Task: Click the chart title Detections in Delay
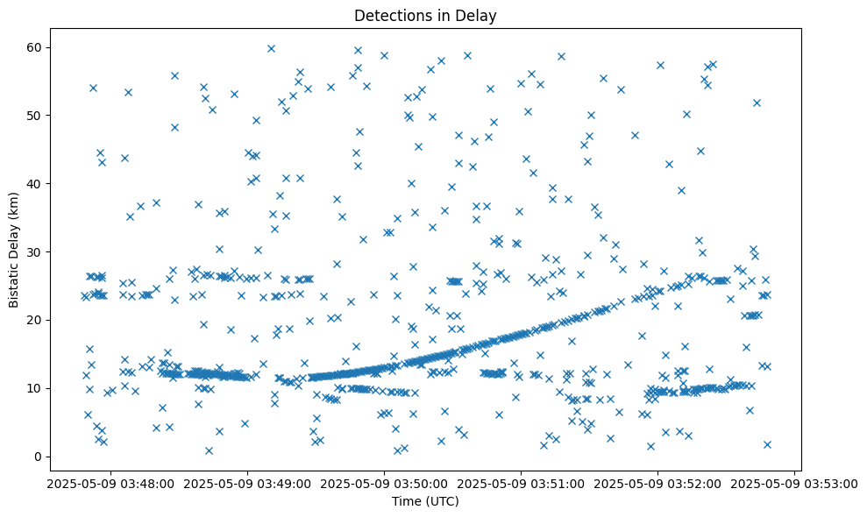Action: pos(425,15)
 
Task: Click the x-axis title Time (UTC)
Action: pos(425,502)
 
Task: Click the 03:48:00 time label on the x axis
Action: pos(111,483)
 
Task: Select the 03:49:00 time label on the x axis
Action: pos(248,483)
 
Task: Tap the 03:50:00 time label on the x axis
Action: pos(385,483)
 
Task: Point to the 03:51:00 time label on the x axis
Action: pos(522,483)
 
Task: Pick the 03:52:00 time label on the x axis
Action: pos(658,483)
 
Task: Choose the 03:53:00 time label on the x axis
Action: pos(795,483)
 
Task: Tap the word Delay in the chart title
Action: pos(480,15)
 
